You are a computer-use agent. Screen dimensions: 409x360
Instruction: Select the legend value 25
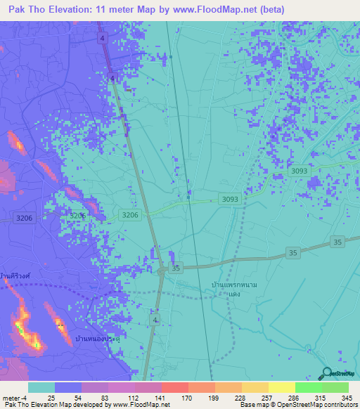(x=51, y=397)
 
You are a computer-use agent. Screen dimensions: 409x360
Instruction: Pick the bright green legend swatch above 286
(x=308, y=387)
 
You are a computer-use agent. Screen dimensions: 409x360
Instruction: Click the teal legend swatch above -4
(x=41, y=387)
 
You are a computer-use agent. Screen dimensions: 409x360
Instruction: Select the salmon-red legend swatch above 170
(x=174, y=387)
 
